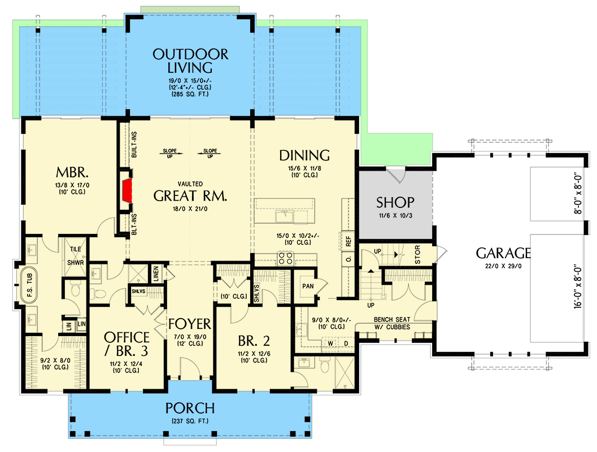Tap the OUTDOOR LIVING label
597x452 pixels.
[x=190, y=61]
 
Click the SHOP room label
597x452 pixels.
[x=395, y=202]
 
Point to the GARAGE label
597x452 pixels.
[x=503, y=253]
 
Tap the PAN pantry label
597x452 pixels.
[x=308, y=286]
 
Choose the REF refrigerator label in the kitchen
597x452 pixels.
[x=348, y=240]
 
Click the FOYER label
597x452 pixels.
[x=189, y=324]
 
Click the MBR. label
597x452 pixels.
[x=71, y=171]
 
